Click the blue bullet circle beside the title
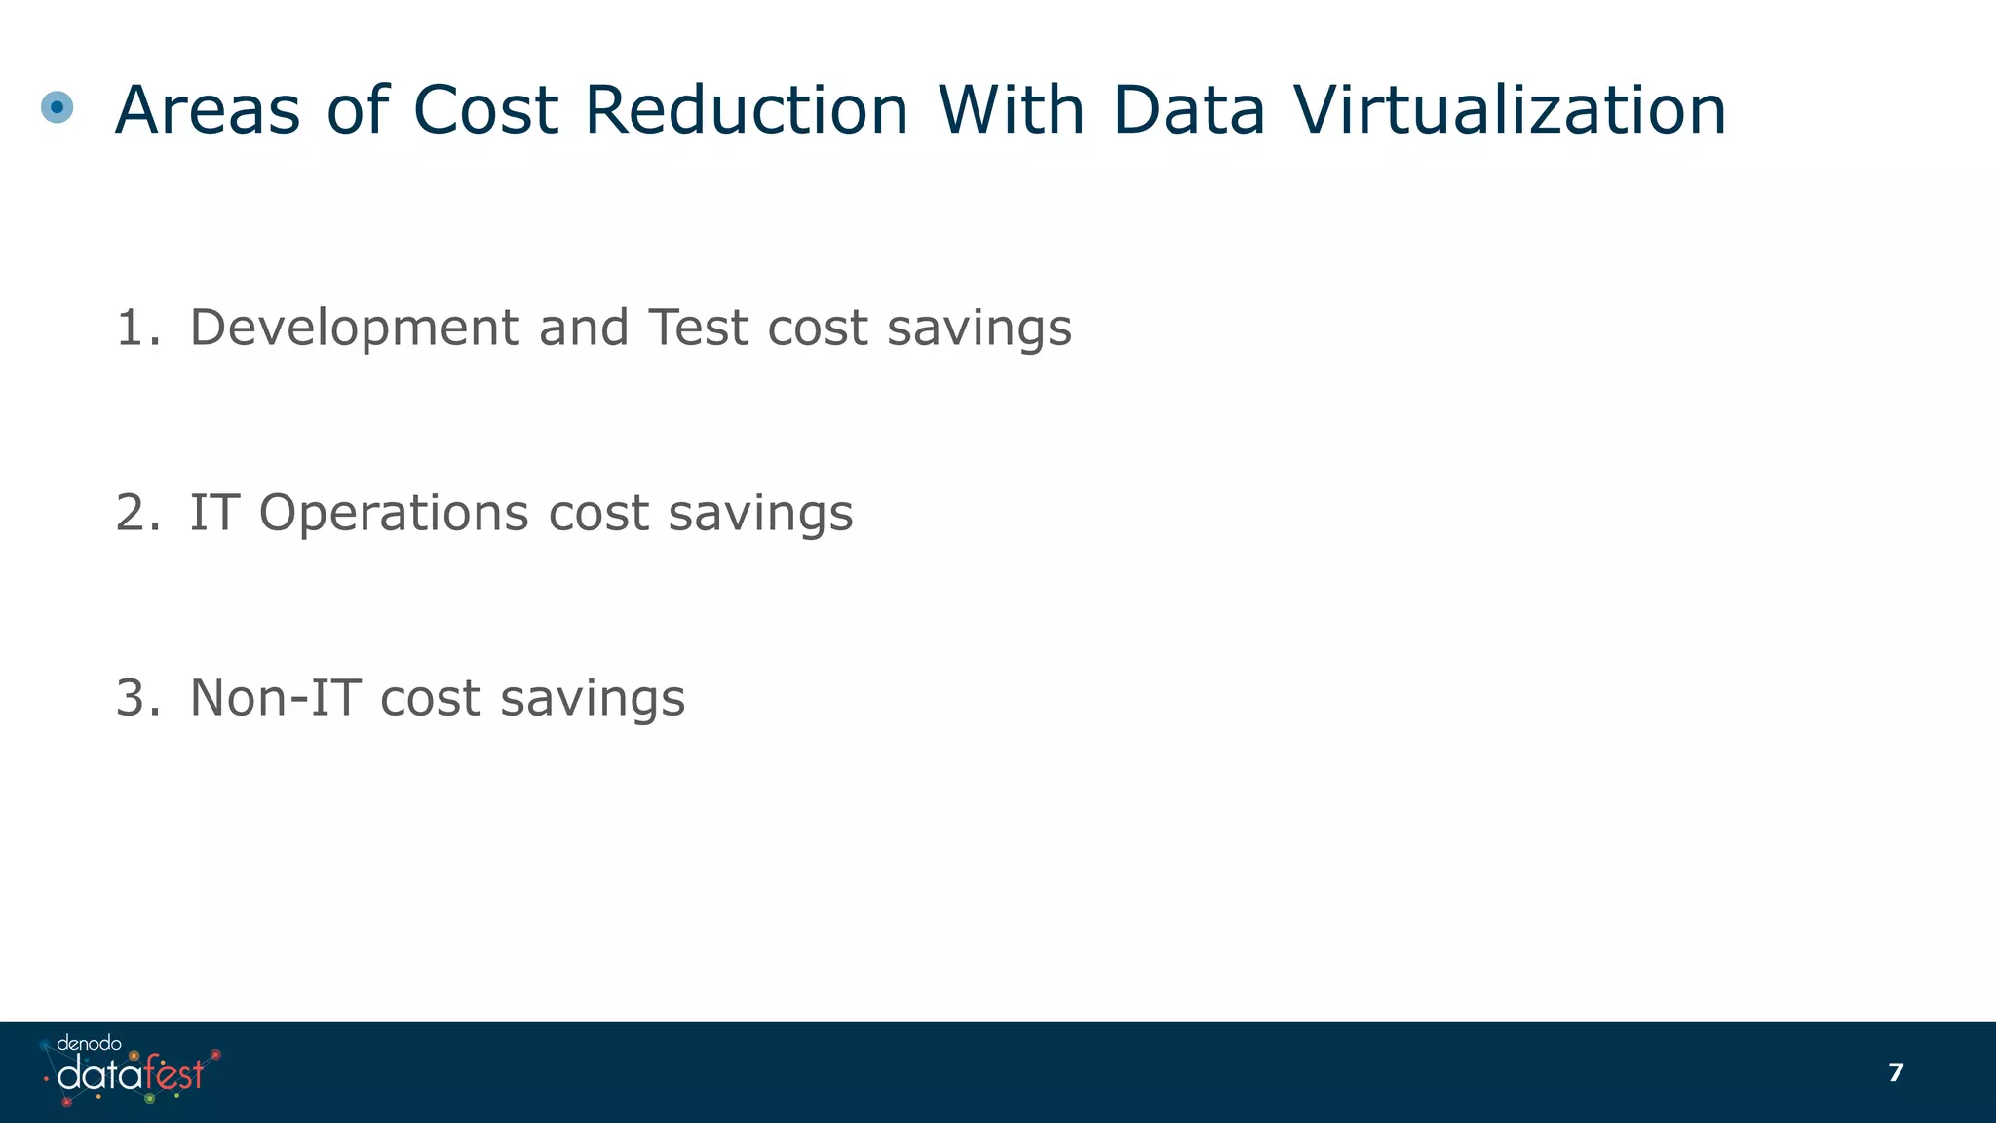pyautogui.click(x=58, y=107)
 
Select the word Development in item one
pyautogui.click(x=354, y=328)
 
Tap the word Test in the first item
pyautogui.click(x=699, y=328)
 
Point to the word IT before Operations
pyautogui.click(x=213, y=513)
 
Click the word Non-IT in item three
pyautogui.click(x=275, y=698)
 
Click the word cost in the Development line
pyautogui.click(x=817, y=329)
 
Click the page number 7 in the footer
pyautogui.click(x=1896, y=1072)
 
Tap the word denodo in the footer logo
pyautogui.click(x=89, y=1044)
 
